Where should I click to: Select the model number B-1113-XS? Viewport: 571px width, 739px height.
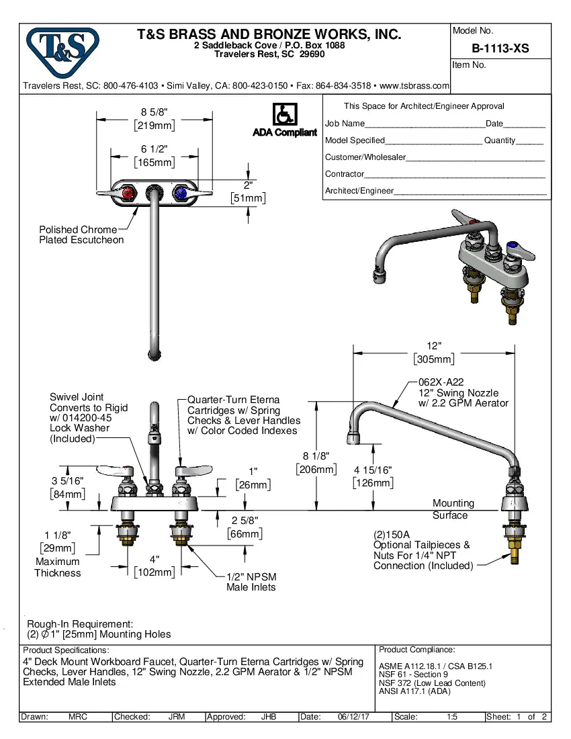(500, 48)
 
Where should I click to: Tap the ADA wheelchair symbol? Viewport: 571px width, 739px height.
(284, 114)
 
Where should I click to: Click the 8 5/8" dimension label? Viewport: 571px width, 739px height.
(155, 112)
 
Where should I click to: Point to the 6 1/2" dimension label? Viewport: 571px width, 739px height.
(155, 149)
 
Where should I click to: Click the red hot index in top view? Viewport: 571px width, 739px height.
(128, 193)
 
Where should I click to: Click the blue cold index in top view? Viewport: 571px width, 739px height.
(180, 193)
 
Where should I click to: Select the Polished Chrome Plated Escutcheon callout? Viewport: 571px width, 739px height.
(81, 234)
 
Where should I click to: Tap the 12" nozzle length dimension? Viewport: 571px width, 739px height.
(435, 346)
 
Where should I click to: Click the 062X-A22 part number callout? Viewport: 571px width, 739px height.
(441, 382)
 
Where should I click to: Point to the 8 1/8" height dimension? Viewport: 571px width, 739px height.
(316, 456)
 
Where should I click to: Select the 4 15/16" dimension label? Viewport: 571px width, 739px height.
(374, 470)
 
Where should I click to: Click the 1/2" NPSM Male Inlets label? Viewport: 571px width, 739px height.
(251, 582)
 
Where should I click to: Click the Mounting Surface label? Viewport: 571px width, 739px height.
(453, 509)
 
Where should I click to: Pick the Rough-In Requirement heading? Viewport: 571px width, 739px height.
(80, 623)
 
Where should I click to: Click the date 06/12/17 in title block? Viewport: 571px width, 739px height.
(356, 717)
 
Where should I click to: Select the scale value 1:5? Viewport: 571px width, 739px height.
(452, 717)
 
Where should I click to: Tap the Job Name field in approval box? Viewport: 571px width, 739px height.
(345, 124)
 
